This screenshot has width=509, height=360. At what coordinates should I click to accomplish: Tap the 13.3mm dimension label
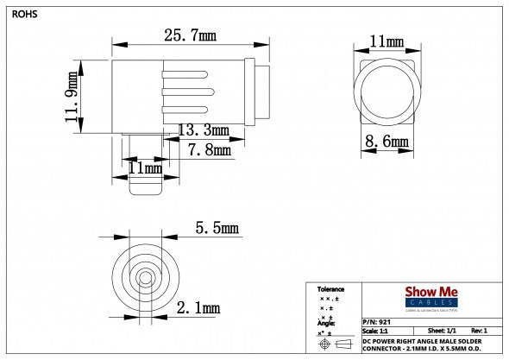click(x=204, y=130)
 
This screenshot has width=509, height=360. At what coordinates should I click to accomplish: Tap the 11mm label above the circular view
click(x=387, y=41)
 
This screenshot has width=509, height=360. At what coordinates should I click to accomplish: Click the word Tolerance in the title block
click(x=331, y=289)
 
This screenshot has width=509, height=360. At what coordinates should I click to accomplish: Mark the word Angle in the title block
click(x=326, y=322)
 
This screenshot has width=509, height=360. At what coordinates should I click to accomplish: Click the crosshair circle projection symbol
click(x=325, y=344)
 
